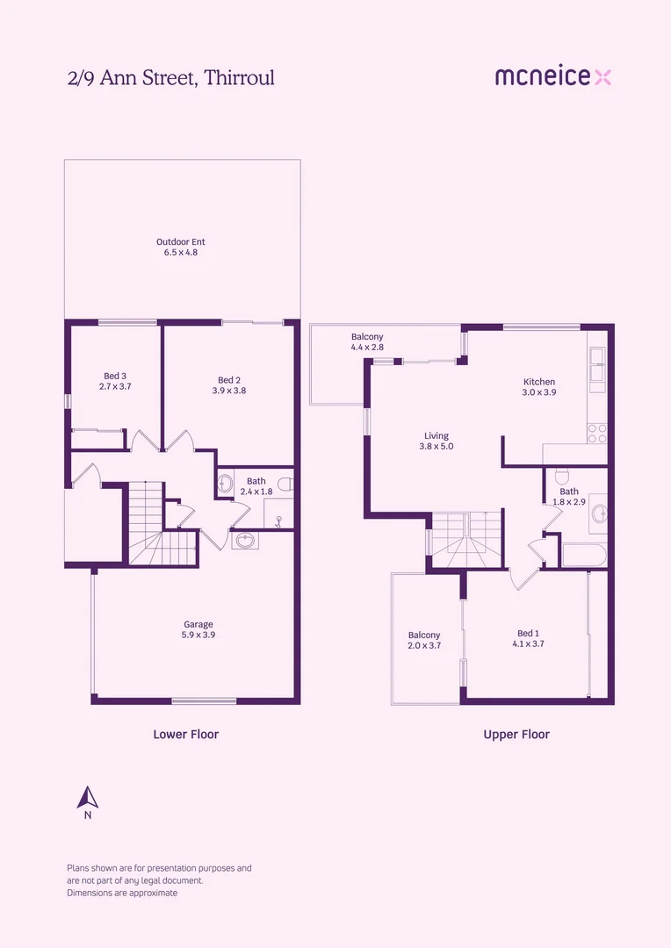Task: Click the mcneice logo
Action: point(552,77)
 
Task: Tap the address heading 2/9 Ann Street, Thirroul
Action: point(171,78)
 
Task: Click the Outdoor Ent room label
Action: point(181,241)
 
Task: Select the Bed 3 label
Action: point(115,377)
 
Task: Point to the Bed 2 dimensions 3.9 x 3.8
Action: point(228,391)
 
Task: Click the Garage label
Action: point(198,625)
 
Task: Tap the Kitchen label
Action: point(539,382)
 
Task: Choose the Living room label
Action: point(437,435)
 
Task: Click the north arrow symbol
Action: point(87,798)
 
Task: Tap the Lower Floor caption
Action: point(185,734)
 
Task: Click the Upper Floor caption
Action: point(516,734)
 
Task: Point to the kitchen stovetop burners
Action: point(597,433)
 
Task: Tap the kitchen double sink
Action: point(597,366)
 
